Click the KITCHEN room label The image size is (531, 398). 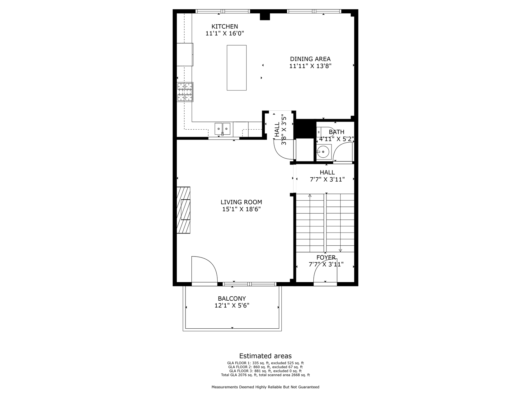(224, 27)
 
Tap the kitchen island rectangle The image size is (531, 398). (236, 67)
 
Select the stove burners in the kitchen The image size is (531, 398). (185, 92)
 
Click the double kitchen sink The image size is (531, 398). (222, 128)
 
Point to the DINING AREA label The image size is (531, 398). (310, 59)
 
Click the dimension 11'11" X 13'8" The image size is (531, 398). (310, 66)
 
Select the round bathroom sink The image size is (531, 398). (324, 152)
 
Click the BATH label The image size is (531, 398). (336, 132)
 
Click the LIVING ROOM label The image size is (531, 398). (241, 202)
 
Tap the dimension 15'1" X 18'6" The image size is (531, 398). (241, 209)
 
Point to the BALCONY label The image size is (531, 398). (232, 299)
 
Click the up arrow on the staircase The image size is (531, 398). (310, 196)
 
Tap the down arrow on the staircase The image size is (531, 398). (340, 250)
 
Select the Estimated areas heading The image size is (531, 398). (265, 356)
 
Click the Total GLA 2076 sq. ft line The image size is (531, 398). (265, 375)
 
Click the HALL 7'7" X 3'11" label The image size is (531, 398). (327, 176)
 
